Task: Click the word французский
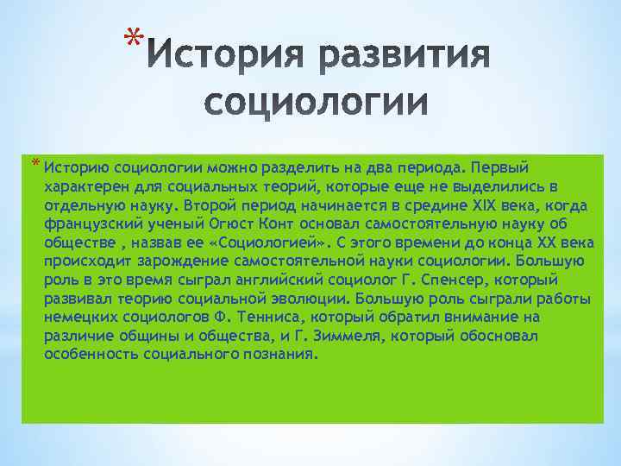86,224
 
